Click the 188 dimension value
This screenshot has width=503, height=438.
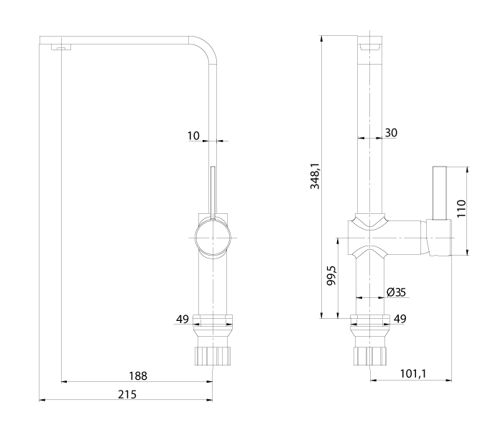[138, 376]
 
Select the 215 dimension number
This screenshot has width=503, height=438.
[127, 394]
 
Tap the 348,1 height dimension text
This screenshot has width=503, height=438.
[315, 176]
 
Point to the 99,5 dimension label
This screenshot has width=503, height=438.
[331, 276]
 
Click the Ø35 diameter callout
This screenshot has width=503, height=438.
[396, 292]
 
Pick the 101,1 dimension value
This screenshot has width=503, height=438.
[413, 373]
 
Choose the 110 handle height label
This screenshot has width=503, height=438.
[461, 208]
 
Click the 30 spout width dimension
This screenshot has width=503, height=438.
[391, 132]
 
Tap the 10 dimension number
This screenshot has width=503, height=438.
[193, 136]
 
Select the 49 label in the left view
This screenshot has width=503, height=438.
[183, 319]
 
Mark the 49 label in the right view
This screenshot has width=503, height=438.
[400, 319]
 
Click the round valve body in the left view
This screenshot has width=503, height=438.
[213, 238]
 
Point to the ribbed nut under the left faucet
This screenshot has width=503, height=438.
[213, 355]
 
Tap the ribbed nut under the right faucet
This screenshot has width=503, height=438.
[370, 355]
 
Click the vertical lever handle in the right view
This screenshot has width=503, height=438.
[440, 193]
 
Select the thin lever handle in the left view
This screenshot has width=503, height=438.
[213, 192]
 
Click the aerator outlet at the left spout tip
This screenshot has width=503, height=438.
[61, 47]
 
